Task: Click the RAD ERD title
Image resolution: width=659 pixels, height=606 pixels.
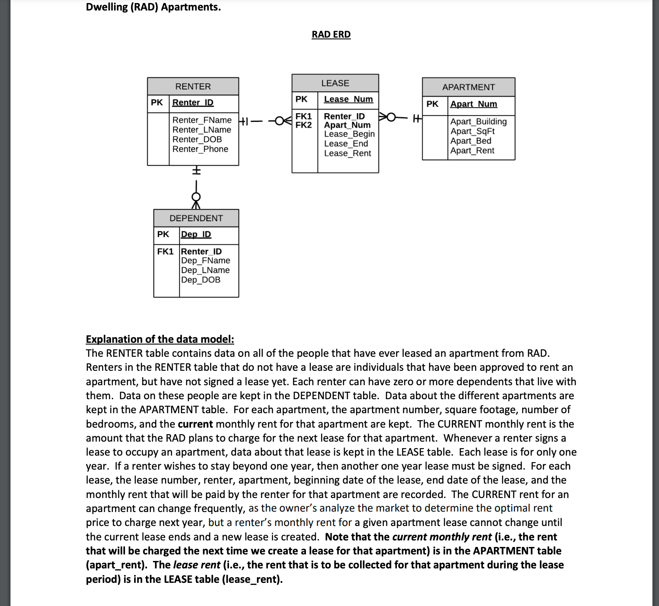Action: coord(331,35)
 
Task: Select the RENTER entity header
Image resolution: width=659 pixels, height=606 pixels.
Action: coord(193,87)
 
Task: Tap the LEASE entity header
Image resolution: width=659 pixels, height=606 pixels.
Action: coord(335,83)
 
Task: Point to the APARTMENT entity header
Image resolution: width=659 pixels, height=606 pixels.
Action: coord(468,87)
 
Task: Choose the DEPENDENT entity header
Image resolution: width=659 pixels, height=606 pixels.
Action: coord(196,218)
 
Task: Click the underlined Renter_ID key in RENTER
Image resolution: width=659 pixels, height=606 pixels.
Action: coord(193,102)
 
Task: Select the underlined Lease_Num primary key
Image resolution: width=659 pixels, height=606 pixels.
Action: coord(348,99)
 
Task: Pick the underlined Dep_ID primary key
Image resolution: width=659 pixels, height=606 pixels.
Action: coord(196,234)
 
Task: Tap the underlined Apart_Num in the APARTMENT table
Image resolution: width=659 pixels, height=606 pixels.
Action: coord(474,104)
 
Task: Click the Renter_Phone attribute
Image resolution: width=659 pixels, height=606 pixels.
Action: coord(200,149)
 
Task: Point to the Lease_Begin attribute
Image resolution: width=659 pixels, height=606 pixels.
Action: coord(349,134)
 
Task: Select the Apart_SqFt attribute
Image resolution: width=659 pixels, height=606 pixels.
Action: coord(472,131)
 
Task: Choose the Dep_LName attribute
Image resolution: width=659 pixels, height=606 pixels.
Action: coord(205,270)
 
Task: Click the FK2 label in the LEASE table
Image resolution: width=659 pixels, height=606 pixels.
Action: coord(304,125)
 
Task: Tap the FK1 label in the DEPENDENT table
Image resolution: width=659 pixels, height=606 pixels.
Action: coord(165,251)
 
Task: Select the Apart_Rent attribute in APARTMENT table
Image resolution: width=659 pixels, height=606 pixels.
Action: coord(472,150)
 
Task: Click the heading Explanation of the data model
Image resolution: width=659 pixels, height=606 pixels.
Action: coord(160,339)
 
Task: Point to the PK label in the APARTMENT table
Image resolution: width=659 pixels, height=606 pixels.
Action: coord(432,104)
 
